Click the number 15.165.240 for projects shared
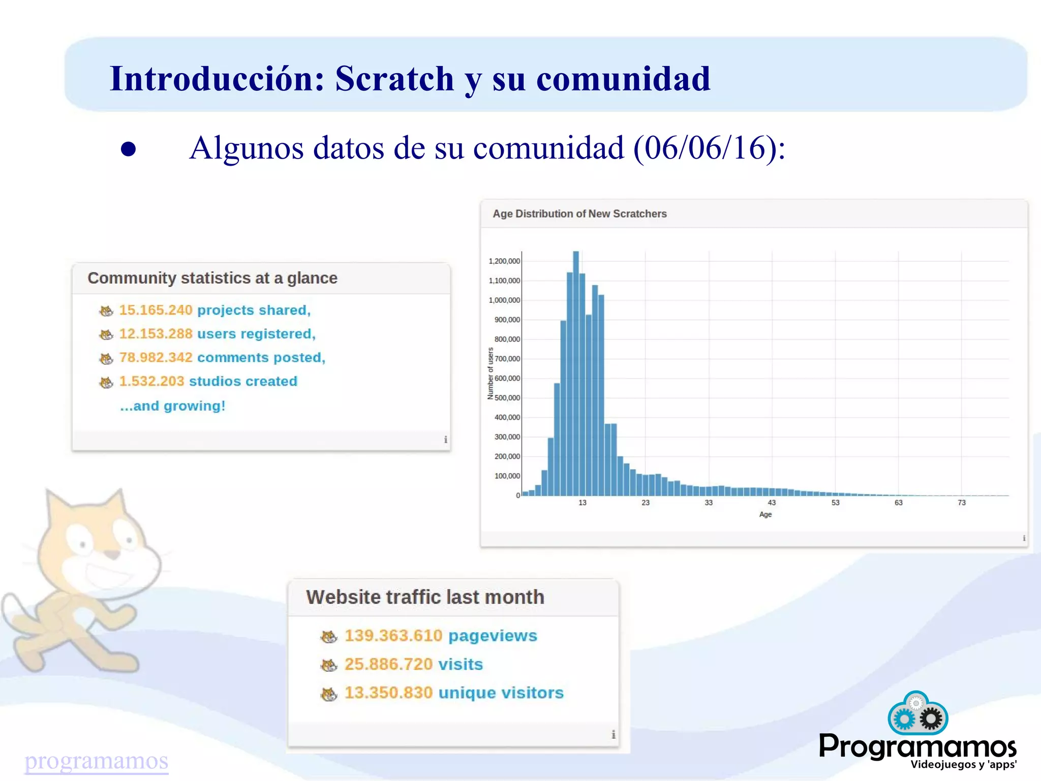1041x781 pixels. pos(156,310)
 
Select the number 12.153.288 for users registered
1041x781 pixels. pos(156,334)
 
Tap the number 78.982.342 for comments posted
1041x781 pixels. pos(156,358)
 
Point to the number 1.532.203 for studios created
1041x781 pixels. pos(151,381)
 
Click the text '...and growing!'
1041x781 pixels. pos(172,406)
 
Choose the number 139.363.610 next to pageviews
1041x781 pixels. pos(393,636)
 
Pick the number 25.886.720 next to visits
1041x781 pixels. pos(388,664)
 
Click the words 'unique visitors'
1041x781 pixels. pos(501,693)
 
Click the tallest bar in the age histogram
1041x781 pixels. pos(576,373)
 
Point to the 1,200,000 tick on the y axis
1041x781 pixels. pos(504,261)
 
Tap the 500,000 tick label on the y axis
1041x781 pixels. pos(507,398)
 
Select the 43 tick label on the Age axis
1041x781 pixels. pos(772,503)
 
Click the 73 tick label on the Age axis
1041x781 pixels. pos(961,503)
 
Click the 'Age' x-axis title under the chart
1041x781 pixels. pos(765,514)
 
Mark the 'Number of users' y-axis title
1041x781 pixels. pos(491,373)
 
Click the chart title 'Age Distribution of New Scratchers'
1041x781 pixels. pos(579,214)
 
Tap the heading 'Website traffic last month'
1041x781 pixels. pos(425,597)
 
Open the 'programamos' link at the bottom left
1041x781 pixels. pos(96,761)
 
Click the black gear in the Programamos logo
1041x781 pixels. pos(931,719)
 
